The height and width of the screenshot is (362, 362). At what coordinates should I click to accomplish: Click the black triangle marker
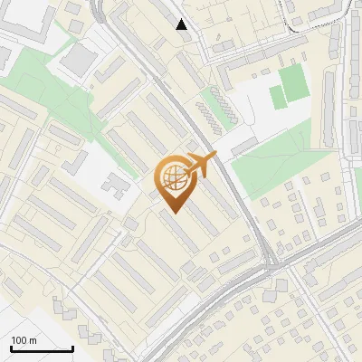tap(182, 24)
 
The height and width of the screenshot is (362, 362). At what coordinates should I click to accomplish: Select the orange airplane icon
tap(202, 166)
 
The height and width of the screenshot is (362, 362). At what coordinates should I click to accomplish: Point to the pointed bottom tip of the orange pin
tap(172, 213)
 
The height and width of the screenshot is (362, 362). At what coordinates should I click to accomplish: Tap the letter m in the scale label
tap(34, 340)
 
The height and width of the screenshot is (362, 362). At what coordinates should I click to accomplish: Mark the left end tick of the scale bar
tap(11, 348)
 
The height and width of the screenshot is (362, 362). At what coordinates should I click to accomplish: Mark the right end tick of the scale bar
tap(72, 348)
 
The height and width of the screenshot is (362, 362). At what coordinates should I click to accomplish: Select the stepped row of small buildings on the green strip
tap(214, 110)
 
